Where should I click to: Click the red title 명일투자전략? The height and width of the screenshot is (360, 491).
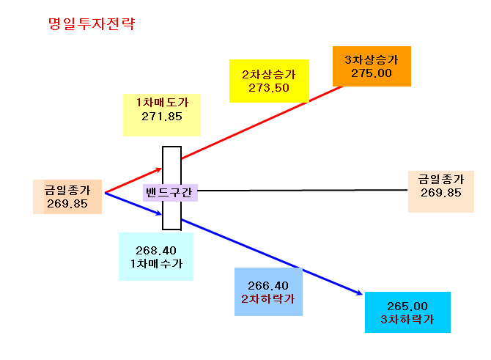(92, 23)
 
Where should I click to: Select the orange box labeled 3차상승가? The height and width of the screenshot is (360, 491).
(372, 66)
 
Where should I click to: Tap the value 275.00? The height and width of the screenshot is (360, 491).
(372, 73)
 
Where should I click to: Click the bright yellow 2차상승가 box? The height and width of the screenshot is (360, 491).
(269, 81)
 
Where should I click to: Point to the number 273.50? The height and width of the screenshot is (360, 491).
(269, 88)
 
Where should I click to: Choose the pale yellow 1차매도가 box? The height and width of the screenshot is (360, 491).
(161, 115)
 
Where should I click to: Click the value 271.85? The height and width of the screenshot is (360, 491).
(161, 117)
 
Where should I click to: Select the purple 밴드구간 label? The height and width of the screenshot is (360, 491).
(170, 192)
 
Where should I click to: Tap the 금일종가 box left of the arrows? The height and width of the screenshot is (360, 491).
(67, 196)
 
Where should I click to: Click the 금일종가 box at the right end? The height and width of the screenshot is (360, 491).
(441, 192)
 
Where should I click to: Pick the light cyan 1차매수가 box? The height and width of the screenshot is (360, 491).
(156, 257)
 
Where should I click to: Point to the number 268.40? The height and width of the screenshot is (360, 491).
(156, 250)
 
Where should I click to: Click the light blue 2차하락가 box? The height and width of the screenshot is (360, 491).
(268, 292)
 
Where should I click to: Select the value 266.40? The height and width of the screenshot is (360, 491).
(268, 285)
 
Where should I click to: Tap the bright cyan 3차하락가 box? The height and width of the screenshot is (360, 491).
(407, 312)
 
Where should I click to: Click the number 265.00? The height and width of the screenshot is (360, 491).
(407, 306)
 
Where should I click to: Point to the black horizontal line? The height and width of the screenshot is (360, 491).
(303, 190)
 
